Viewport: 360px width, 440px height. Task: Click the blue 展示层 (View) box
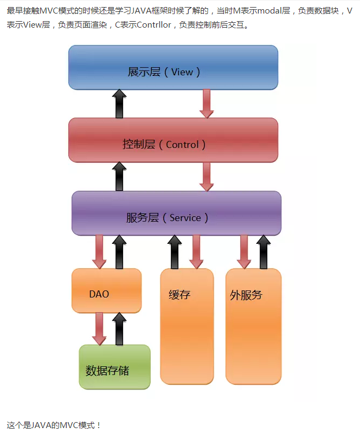click(173, 67)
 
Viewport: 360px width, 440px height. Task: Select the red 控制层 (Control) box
click(173, 140)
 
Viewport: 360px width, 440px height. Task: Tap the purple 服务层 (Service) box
click(176, 213)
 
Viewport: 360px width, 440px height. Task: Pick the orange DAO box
click(106, 290)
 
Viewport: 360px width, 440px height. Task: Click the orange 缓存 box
click(187, 325)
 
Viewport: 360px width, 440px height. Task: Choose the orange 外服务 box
click(253, 325)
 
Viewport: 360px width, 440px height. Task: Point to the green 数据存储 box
click(114, 367)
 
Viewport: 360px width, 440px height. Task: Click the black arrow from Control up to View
click(120, 104)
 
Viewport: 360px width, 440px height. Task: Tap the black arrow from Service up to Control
click(120, 176)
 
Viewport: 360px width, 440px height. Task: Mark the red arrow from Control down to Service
click(207, 177)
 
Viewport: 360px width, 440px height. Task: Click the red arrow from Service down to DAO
click(99, 251)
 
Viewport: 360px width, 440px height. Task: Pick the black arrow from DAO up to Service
click(120, 251)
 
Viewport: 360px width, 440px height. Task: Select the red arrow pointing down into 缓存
click(196, 251)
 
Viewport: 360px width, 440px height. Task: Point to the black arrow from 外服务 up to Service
click(263, 251)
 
